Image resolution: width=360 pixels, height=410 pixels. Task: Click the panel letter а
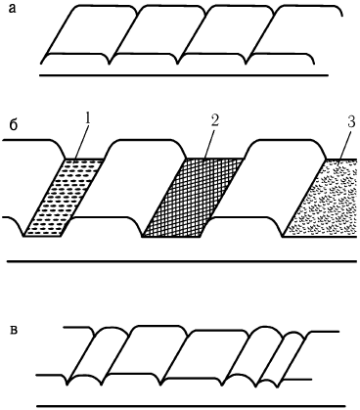coord(12,9)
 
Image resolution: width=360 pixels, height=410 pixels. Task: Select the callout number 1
coord(87,119)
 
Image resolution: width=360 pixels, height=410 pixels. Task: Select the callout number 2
coord(214,120)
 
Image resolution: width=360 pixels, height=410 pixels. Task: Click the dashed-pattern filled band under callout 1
coord(65,198)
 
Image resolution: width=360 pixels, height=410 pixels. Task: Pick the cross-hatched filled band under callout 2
coord(193,198)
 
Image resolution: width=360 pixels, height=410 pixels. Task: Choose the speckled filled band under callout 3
coord(321,198)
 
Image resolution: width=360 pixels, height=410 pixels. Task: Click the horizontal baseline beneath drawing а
coord(184,75)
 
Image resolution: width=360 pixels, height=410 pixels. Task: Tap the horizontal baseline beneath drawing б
coord(182,261)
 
